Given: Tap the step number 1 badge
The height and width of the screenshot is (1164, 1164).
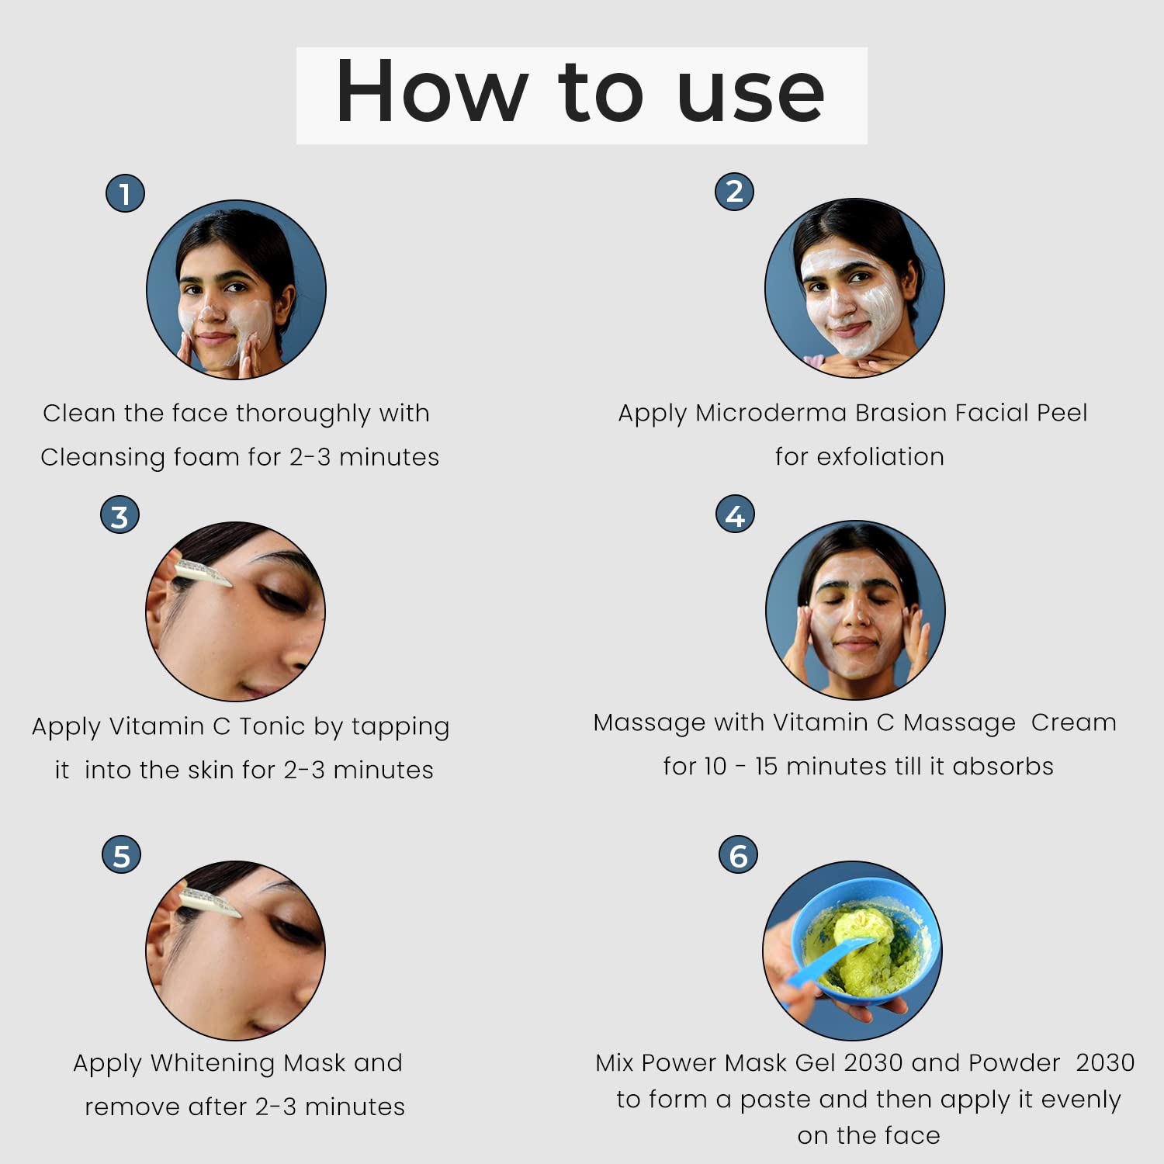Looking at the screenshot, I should point(125,193).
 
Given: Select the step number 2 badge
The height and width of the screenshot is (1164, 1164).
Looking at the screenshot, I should point(734,191).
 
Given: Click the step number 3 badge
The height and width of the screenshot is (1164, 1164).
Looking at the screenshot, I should point(120,516).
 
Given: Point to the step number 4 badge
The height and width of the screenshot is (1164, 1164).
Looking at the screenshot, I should point(735,514).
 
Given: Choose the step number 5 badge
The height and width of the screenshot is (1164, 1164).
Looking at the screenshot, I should point(122,855).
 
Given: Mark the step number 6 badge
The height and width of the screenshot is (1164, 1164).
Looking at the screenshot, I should point(738,855).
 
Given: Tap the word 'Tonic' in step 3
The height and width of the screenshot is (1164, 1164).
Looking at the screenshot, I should point(272,726).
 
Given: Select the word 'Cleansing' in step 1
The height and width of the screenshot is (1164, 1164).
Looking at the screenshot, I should point(102,458).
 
